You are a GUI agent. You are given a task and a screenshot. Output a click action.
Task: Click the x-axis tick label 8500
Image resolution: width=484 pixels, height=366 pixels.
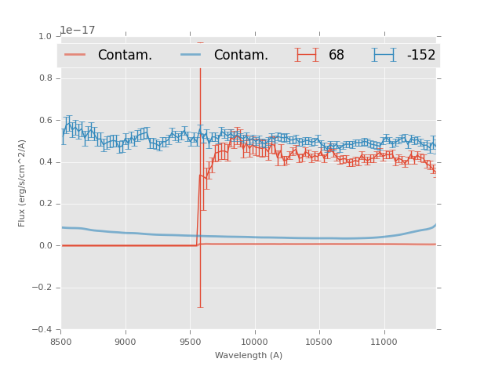[61, 342]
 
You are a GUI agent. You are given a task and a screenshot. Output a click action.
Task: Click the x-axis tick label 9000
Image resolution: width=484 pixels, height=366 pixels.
[126, 342]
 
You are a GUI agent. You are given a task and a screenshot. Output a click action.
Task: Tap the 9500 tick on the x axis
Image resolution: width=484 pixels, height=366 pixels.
[190, 342]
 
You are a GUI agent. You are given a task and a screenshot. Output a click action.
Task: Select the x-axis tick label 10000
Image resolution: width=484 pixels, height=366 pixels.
[254, 342]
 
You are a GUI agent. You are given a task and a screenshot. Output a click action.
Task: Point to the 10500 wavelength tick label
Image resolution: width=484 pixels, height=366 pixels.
[318, 342]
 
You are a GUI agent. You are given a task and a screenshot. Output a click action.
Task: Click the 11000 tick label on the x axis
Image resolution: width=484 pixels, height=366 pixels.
[384, 342]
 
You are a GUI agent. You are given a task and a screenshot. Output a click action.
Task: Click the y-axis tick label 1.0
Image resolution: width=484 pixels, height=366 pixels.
[45, 37]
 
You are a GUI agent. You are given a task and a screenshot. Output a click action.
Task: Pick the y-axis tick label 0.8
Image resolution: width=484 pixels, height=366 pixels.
[45, 78]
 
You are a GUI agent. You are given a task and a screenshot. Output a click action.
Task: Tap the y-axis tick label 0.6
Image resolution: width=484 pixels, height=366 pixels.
[45, 121]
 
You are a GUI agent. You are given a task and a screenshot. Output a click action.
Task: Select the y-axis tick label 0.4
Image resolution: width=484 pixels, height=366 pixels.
[45, 162]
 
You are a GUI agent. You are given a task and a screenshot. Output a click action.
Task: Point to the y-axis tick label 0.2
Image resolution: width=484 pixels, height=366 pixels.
[45, 204]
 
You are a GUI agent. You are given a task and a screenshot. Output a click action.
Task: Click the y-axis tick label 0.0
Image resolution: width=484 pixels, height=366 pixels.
[45, 246]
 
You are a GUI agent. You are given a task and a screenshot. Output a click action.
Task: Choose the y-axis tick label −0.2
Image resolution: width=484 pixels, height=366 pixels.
[42, 288]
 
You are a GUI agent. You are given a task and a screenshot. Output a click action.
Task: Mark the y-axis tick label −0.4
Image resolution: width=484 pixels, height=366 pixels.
[42, 329]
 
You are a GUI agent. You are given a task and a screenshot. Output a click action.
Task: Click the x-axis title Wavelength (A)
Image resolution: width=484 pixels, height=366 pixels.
[249, 356]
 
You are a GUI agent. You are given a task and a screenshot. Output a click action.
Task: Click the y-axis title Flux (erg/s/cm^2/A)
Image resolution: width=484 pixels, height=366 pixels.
[22, 183]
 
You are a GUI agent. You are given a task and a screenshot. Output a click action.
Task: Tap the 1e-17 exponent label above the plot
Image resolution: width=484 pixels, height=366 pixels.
[78, 31]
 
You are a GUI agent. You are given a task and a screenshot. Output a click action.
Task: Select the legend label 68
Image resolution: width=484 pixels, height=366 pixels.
[337, 56]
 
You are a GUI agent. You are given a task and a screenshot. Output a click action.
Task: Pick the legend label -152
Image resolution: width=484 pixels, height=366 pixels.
[420, 56]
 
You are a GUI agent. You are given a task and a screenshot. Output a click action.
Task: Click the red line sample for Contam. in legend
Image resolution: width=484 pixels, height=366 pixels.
[75, 55]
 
